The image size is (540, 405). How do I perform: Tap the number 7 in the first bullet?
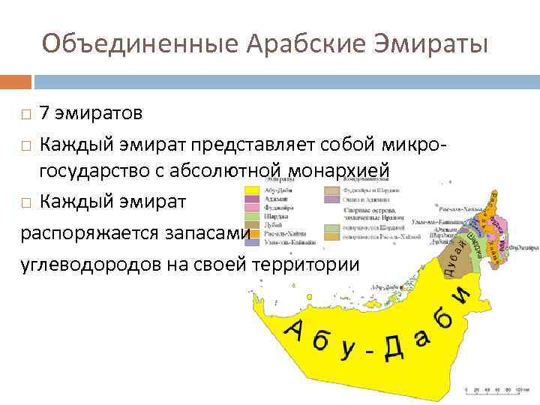(45, 114)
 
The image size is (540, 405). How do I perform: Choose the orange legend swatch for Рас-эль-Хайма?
(250, 233)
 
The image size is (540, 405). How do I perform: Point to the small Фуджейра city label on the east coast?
(521, 246)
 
